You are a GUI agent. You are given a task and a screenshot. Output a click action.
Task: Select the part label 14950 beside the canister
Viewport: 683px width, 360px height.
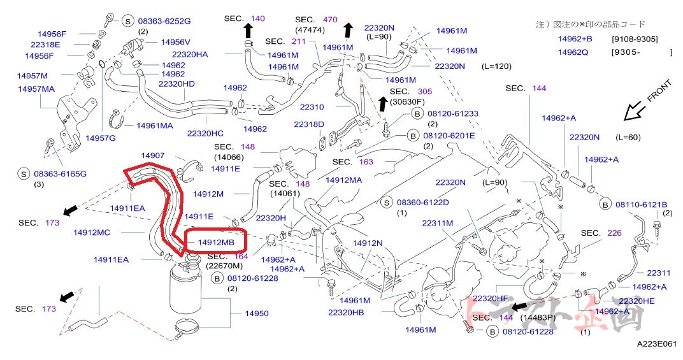pyautogui.click(x=257, y=313)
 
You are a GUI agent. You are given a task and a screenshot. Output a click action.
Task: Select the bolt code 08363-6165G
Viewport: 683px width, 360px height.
pyautogui.click(x=61, y=173)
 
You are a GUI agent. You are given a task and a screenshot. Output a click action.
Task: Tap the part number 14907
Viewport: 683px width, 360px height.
pyautogui.click(x=153, y=155)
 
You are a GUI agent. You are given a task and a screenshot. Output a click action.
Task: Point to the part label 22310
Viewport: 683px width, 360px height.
pyautogui.click(x=312, y=107)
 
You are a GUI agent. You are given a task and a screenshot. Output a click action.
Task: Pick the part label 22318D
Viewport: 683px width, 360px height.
pyautogui.click(x=309, y=124)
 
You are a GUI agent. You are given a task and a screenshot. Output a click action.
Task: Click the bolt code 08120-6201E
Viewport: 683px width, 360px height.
pyautogui.click(x=447, y=135)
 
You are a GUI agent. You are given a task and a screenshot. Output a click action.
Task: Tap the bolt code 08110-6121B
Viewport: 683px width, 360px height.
pyautogui.click(x=641, y=204)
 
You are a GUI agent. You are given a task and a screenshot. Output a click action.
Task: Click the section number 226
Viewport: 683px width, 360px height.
pyautogui.click(x=614, y=233)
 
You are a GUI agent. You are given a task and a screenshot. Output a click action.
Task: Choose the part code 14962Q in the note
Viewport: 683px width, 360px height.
pyautogui.click(x=575, y=52)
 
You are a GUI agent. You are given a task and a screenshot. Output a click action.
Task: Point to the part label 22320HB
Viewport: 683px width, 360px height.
pyautogui.click(x=346, y=312)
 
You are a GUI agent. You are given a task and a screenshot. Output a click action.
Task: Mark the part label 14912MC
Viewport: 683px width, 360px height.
pyautogui.click(x=92, y=233)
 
